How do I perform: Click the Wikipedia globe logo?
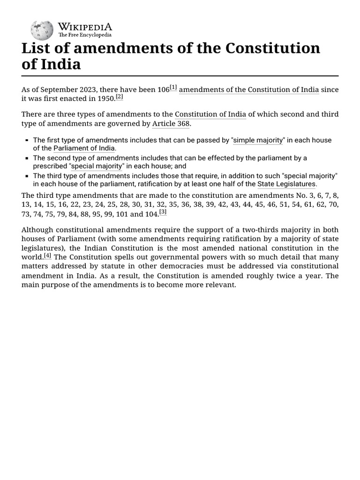[42, 30]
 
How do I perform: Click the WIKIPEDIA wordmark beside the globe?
[85, 26]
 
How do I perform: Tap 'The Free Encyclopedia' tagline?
[85, 35]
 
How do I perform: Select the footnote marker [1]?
[173, 88]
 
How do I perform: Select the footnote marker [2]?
[120, 97]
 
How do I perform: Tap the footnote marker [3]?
[163, 212]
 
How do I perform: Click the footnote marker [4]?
[48, 255]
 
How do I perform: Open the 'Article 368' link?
[171, 124]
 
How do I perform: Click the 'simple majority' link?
[258, 140]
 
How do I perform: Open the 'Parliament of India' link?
[84, 149]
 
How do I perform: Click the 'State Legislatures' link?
[286, 184]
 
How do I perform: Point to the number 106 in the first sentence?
[163, 90]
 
